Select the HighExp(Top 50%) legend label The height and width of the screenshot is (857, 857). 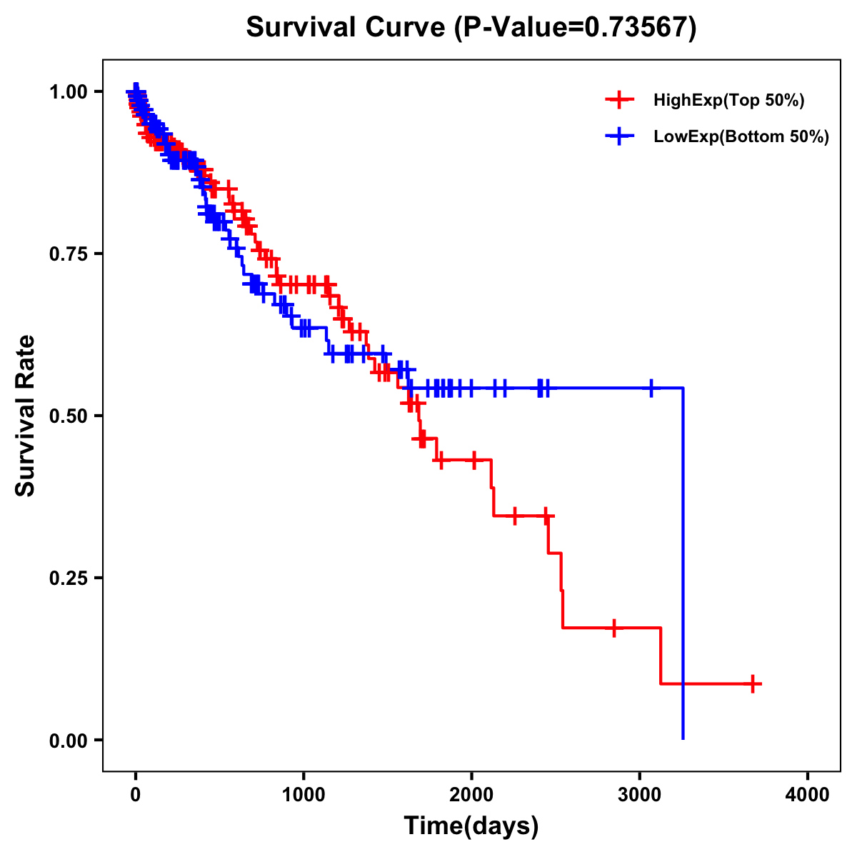(x=729, y=101)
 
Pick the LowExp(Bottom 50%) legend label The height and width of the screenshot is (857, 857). (x=741, y=137)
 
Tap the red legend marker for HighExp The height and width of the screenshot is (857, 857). (x=619, y=101)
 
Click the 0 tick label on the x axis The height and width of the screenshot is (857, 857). (x=136, y=795)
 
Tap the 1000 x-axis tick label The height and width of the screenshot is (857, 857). (x=304, y=795)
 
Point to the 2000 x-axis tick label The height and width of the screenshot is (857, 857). (x=471, y=795)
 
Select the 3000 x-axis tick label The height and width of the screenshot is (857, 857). (x=640, y=795)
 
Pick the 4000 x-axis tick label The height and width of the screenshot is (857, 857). (x=808, y=795)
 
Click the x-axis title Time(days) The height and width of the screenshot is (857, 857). (x=471, y=826)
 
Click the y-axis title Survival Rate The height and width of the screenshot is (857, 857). (x=26, y=415)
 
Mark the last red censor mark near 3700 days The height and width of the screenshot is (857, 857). (x=752, y=683)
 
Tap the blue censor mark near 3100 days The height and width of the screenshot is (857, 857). (x=651, y=389)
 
